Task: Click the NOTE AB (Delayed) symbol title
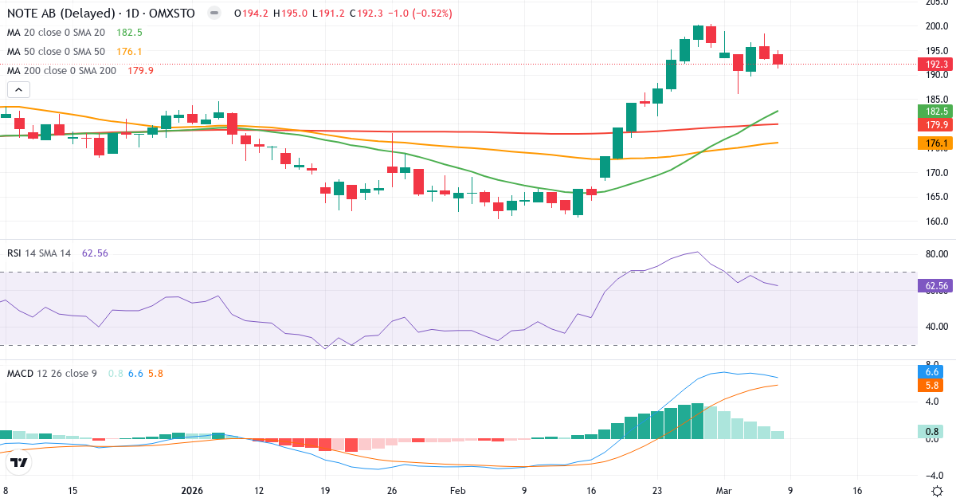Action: point(60,13)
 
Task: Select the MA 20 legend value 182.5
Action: point(129,32)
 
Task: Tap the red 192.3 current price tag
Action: point(936,64)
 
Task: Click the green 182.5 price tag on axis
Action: point(936,112)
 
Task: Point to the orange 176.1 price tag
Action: point(936,143)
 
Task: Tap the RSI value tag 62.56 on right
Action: point(936,285)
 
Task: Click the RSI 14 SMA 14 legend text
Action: point(39,253)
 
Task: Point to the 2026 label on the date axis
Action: point(194,491)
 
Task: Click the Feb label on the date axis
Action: point(457,491)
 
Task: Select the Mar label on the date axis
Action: point(723,491)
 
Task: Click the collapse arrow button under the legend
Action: point(18,90)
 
